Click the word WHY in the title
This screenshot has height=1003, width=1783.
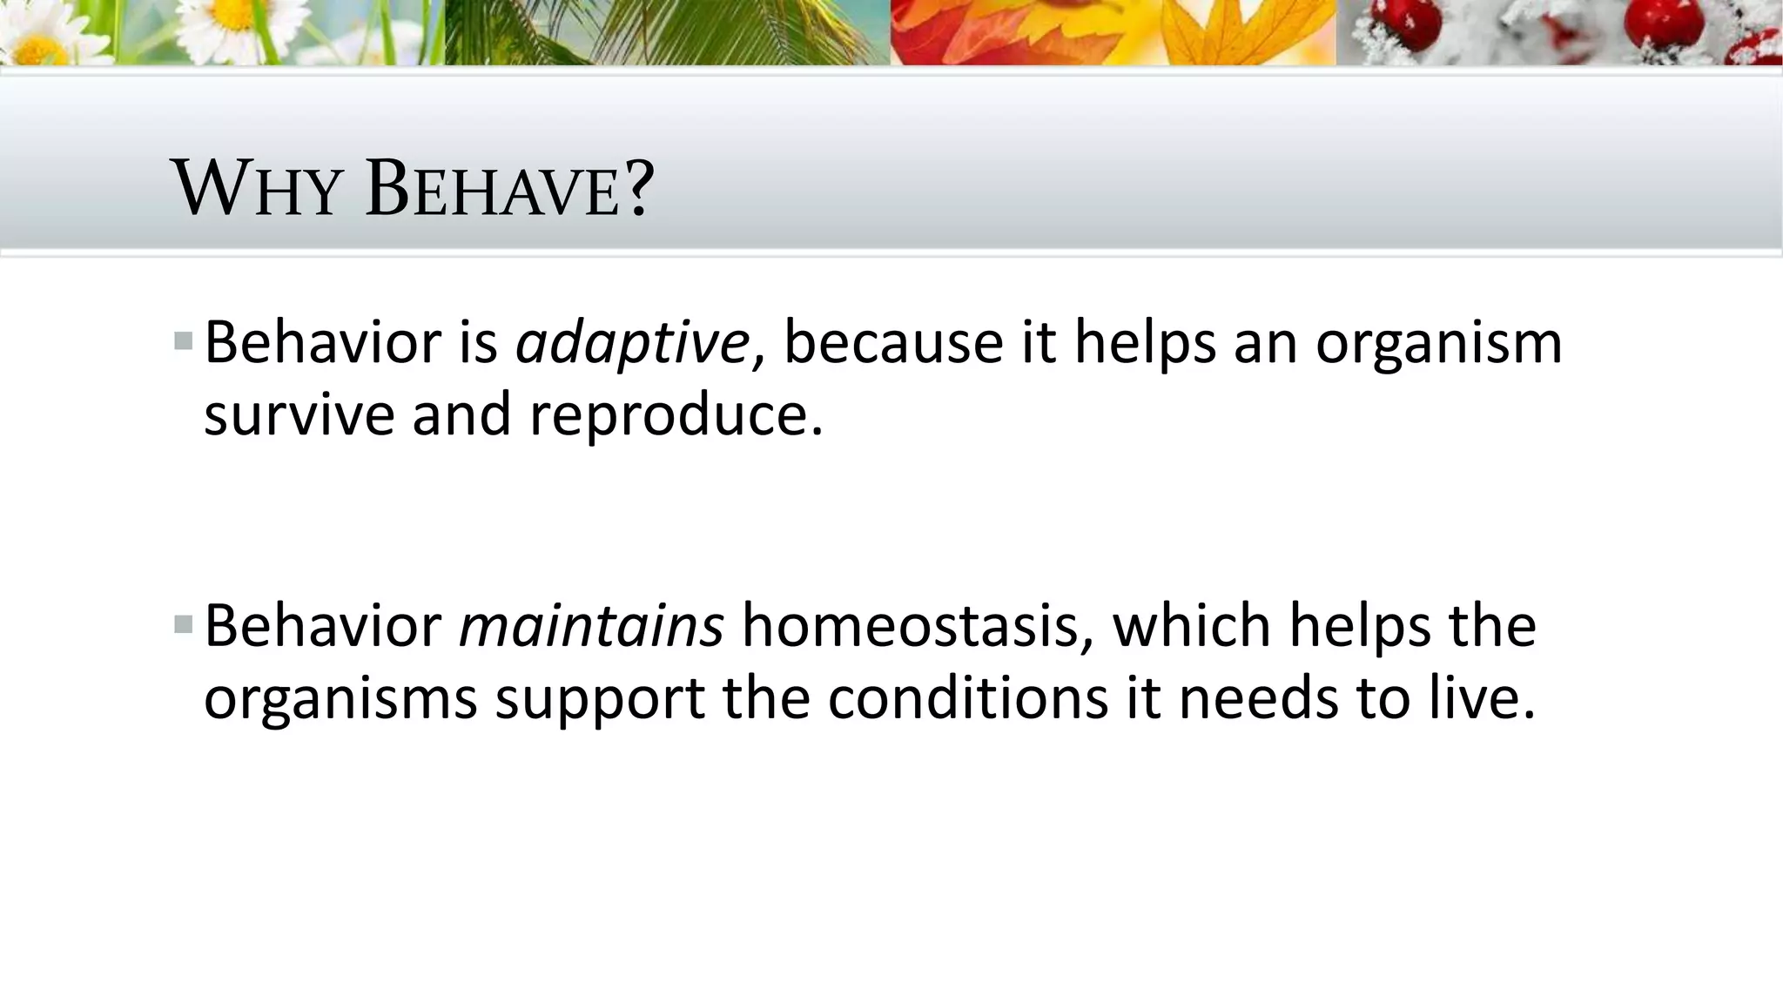(x=257, y=190)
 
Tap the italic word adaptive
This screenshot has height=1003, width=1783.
(x=632, y=343)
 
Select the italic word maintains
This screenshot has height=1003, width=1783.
(x=591, y=626)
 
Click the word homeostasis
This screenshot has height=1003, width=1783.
(x=909, y=626)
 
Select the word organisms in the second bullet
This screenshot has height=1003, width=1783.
(x=340, y=699)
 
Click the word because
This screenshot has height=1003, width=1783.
(x=893, y=343)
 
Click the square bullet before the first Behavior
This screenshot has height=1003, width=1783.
(x=183, y=340)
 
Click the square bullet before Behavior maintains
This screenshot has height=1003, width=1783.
(x=183, y=623)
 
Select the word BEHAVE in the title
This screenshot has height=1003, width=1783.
(x=493, y=190)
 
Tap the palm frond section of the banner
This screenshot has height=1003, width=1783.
(x=662, y=32)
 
